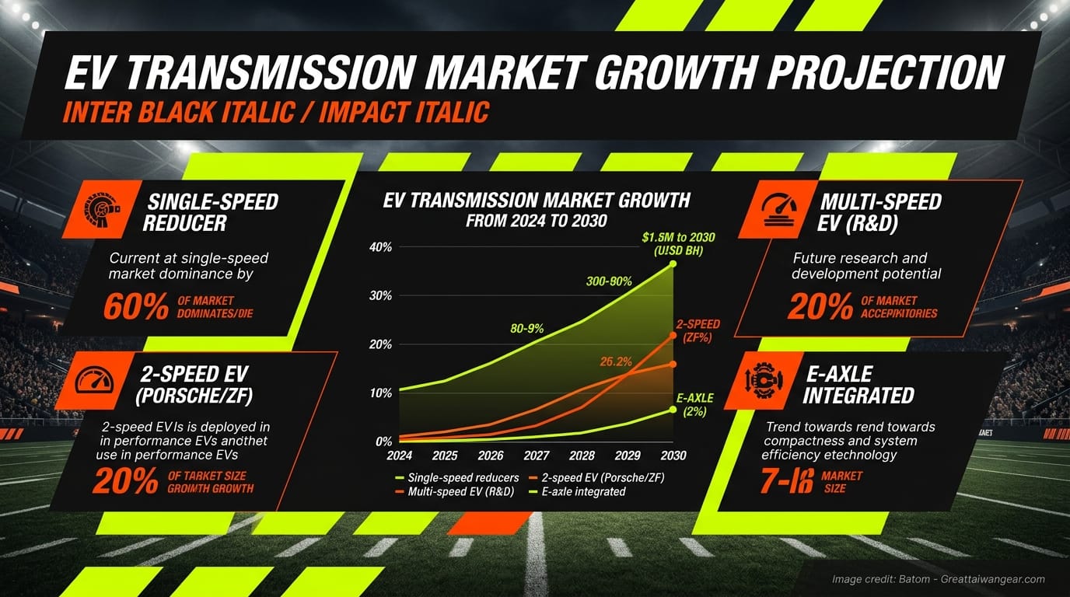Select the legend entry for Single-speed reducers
tap(457, 477)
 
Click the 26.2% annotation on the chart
tap(616, 361)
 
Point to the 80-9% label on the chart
tap(526, 329)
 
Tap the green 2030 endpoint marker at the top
tap(673, 264)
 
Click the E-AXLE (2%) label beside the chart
tap(694, 405)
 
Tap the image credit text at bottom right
tap(938, 579)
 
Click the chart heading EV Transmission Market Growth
tap(537, 201)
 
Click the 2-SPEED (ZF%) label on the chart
tap(698, 330)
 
